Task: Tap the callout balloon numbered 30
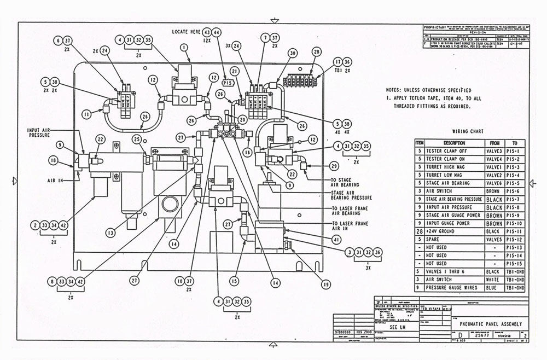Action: click(x=293, y=53)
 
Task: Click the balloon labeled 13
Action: click(x=111, y=233)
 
